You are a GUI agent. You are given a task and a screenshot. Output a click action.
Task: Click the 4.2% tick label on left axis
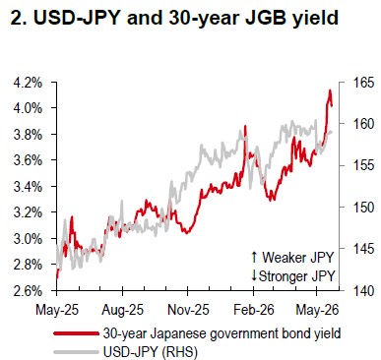[x=28, y=83]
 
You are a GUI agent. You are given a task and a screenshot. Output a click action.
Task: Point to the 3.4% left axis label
[x=28, y=187]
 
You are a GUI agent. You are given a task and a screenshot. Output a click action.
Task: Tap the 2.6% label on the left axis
[x=28, y=291]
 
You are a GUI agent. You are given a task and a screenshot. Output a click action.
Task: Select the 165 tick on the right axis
[x=361, y=83]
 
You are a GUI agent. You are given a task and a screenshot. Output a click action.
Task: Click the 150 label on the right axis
[x=361, y=208]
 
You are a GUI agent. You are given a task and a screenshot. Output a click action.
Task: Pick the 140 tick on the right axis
[x=361, y=291]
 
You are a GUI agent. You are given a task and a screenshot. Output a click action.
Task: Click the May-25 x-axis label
[x=57, y=310]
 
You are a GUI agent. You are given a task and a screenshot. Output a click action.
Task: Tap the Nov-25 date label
[x=188, y=310]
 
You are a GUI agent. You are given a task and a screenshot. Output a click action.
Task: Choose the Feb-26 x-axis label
[x=254, y=310]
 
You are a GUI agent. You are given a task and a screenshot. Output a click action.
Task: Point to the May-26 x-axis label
[x=317, y=310]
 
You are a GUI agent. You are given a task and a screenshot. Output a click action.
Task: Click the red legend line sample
[x=76, y=333]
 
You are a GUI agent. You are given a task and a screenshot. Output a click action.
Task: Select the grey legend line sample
[x=76, y=352]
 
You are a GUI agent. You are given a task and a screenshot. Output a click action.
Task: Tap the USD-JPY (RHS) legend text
[x=151, y=352]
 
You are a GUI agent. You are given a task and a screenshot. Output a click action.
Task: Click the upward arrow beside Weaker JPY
[x=254, y=258]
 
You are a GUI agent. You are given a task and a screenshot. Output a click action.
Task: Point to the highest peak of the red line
[x=330, y=90]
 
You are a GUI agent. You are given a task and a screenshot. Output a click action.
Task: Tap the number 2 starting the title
[x=17, y=18]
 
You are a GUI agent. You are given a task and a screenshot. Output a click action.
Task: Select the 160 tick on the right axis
[x=361, y=124]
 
